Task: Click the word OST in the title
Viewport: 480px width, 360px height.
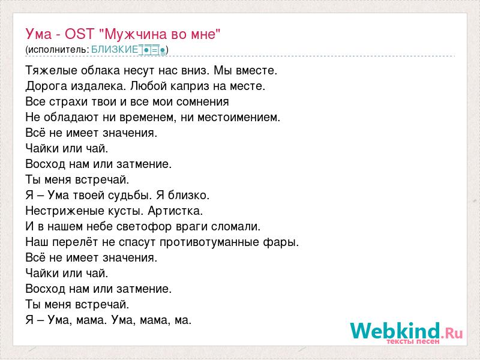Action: tap(79, 34)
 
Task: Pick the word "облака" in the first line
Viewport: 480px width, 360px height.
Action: tap(100, 70)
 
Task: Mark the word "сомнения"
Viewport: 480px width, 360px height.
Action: tap(203, 101)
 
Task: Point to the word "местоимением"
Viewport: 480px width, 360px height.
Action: tap(239, 117)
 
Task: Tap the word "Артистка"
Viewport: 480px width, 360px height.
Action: tap(175, 211)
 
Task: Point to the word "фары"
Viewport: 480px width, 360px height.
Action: tap(281, 242)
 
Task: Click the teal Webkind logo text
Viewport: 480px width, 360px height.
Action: tap(395, 331)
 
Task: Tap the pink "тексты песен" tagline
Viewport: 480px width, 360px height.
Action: tap(413, 341)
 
